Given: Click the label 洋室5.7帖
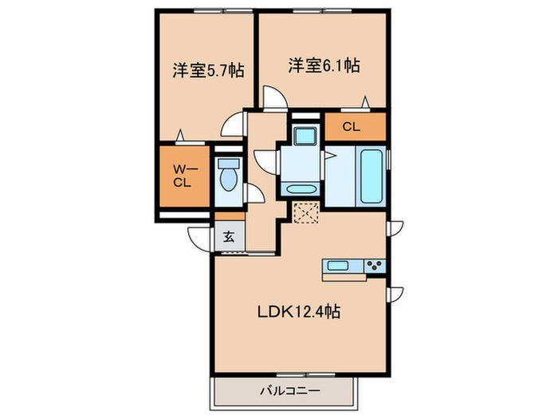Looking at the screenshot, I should (206, 70).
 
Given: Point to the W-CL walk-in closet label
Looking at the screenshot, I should (183, 174).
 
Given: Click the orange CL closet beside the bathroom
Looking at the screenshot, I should (352, 126).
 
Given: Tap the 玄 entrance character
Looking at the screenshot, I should (228, 236).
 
